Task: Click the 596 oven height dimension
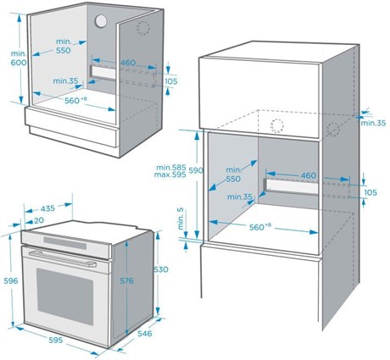click(x=11, y=280)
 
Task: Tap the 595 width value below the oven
click(x=55, y=340)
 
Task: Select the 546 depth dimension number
click(x=145, y=334)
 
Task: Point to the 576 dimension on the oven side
click(x=127, y=280)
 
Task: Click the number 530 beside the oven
click(x=161, y=269)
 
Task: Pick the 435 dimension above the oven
click(x=47, y=208)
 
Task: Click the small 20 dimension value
click(x=39, y=220)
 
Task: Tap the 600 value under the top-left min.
click(x=19, y=63)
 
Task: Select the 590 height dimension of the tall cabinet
click(x=196, y=170)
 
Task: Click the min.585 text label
click(x=171, y=168)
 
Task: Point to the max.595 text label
click(x=170, y=174)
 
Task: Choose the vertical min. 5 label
click(x=181, y=219)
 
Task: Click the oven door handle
click(x=63, y=258)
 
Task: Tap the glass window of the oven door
click(x=65, y=296)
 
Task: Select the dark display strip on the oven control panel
click(x=65, y=243)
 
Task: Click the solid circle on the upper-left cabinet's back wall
click(x=101, y=21)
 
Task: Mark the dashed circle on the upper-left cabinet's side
click(x=143, y=29)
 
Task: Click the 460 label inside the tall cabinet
click(x=309, y=175)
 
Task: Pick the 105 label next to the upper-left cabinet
click(x=171, y=81)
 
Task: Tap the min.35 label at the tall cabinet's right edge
click(x=373, y=123)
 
